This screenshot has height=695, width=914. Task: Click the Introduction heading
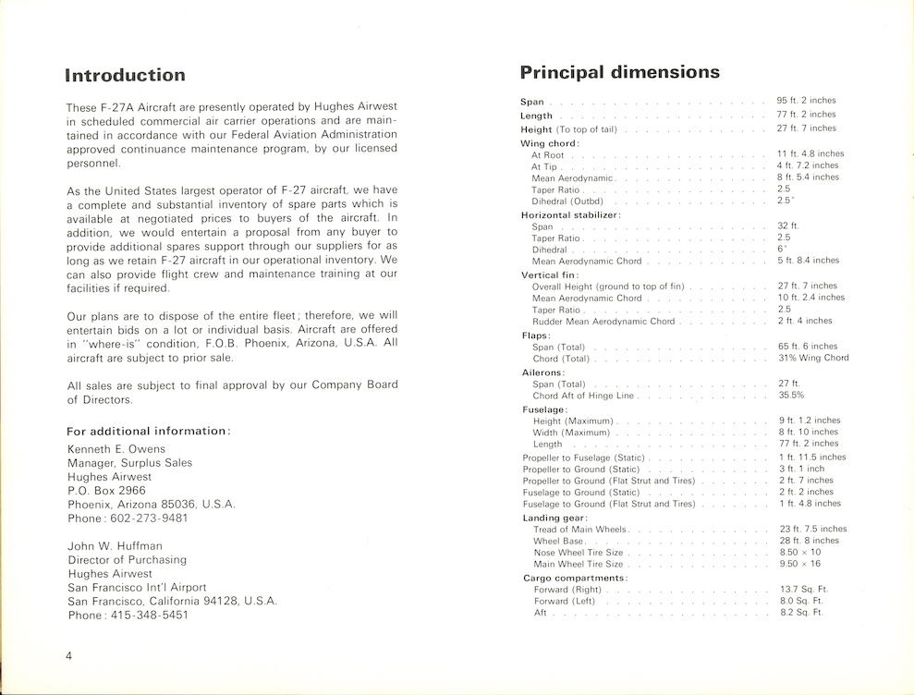coord(126,76)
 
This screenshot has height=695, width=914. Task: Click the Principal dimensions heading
coord(619,72)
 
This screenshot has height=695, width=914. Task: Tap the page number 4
coord(69,655)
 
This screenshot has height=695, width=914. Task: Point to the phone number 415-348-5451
coord(148,615)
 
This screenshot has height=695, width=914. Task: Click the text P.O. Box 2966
coord(106,491)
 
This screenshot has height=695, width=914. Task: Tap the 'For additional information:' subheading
coord(149,431)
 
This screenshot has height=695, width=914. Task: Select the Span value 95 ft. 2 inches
coord(807,101)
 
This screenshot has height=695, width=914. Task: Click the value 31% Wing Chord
coord(813,358)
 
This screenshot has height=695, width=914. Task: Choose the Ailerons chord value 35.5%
coord(791,396)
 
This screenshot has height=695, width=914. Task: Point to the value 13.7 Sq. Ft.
coord(802,589)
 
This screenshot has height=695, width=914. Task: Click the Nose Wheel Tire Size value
coord(800,552)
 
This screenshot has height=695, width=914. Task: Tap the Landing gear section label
coord(554,518)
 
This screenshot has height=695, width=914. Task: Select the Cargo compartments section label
coord(576,578)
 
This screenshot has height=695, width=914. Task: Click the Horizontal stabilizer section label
coord(570,214)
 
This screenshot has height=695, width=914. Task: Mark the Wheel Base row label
coord(558,541)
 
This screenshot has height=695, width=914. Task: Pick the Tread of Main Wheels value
coord(813,529)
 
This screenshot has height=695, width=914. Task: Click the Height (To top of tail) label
coord(568,129)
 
